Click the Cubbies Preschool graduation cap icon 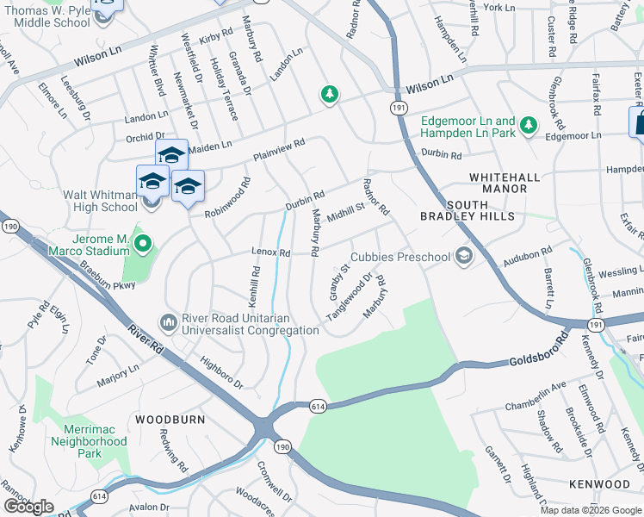[464, 255]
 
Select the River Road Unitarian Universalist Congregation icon [169, 323]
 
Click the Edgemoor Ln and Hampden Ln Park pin [528, 127]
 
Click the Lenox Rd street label [270, 252]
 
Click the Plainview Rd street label [279, 152]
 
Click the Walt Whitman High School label [100, 201]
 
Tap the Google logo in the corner [29, 507]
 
